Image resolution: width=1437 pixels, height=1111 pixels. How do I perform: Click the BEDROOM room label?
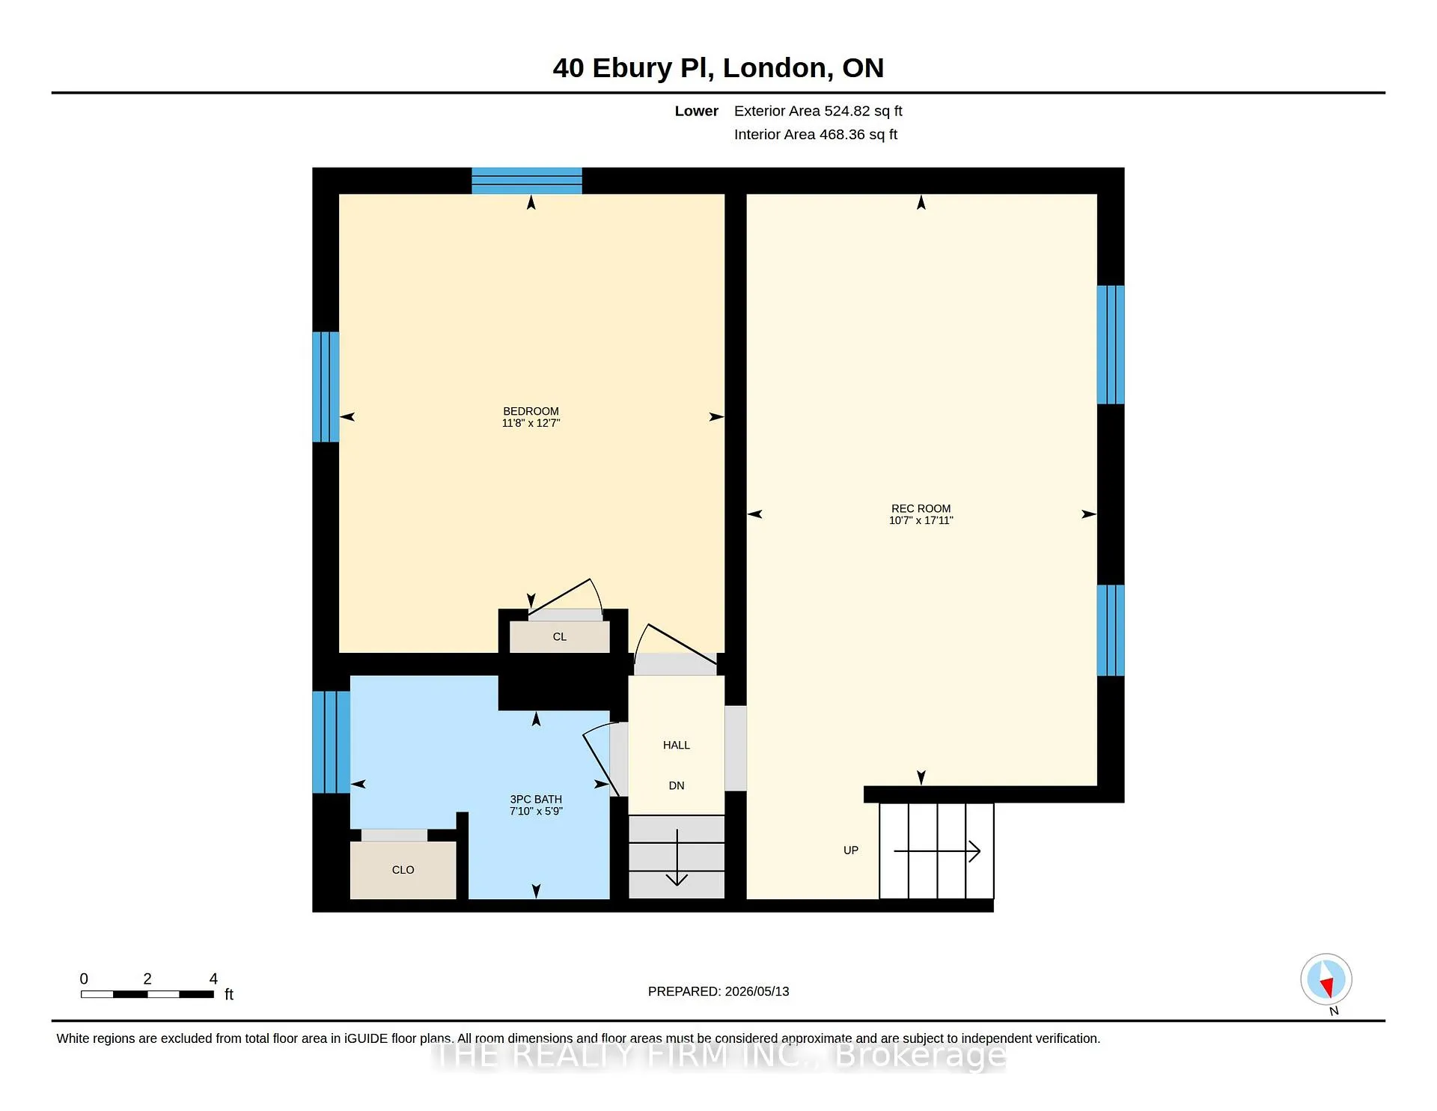click(531, 411)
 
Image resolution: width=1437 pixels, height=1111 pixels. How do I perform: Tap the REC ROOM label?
click(921, 508)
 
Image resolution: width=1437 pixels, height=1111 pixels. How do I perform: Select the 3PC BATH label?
click(536, 800)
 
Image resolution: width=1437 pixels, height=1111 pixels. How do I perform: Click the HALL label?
click(677, 745)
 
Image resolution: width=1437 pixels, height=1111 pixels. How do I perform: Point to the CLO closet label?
click(403, 870)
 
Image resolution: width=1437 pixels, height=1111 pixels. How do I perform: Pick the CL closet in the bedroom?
click(560, 637)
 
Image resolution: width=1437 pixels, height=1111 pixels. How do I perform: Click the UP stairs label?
click(851, 850)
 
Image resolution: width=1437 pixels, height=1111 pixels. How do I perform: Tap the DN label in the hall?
click(677, 785)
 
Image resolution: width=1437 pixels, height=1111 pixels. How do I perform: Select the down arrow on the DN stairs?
click(677, 858)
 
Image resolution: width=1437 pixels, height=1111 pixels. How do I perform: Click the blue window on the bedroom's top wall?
click(527, 181)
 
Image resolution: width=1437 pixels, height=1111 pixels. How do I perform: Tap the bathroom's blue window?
click(331, 742)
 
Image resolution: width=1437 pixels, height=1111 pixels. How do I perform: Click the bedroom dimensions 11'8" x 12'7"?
click(531, 423)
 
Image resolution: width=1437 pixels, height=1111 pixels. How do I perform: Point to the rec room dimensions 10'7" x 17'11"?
click(921, 520)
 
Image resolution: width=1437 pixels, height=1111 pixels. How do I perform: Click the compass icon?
click(1326, 979)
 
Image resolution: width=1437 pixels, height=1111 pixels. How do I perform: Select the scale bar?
click(147, 994)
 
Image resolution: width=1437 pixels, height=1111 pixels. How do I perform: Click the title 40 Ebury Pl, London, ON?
click(718, 68)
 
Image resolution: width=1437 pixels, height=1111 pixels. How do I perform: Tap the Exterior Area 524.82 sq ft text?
click(818, 111)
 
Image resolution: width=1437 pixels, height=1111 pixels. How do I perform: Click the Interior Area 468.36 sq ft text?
click(816, 135)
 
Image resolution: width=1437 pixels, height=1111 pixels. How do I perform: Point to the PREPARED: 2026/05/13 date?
click(718, 991)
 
